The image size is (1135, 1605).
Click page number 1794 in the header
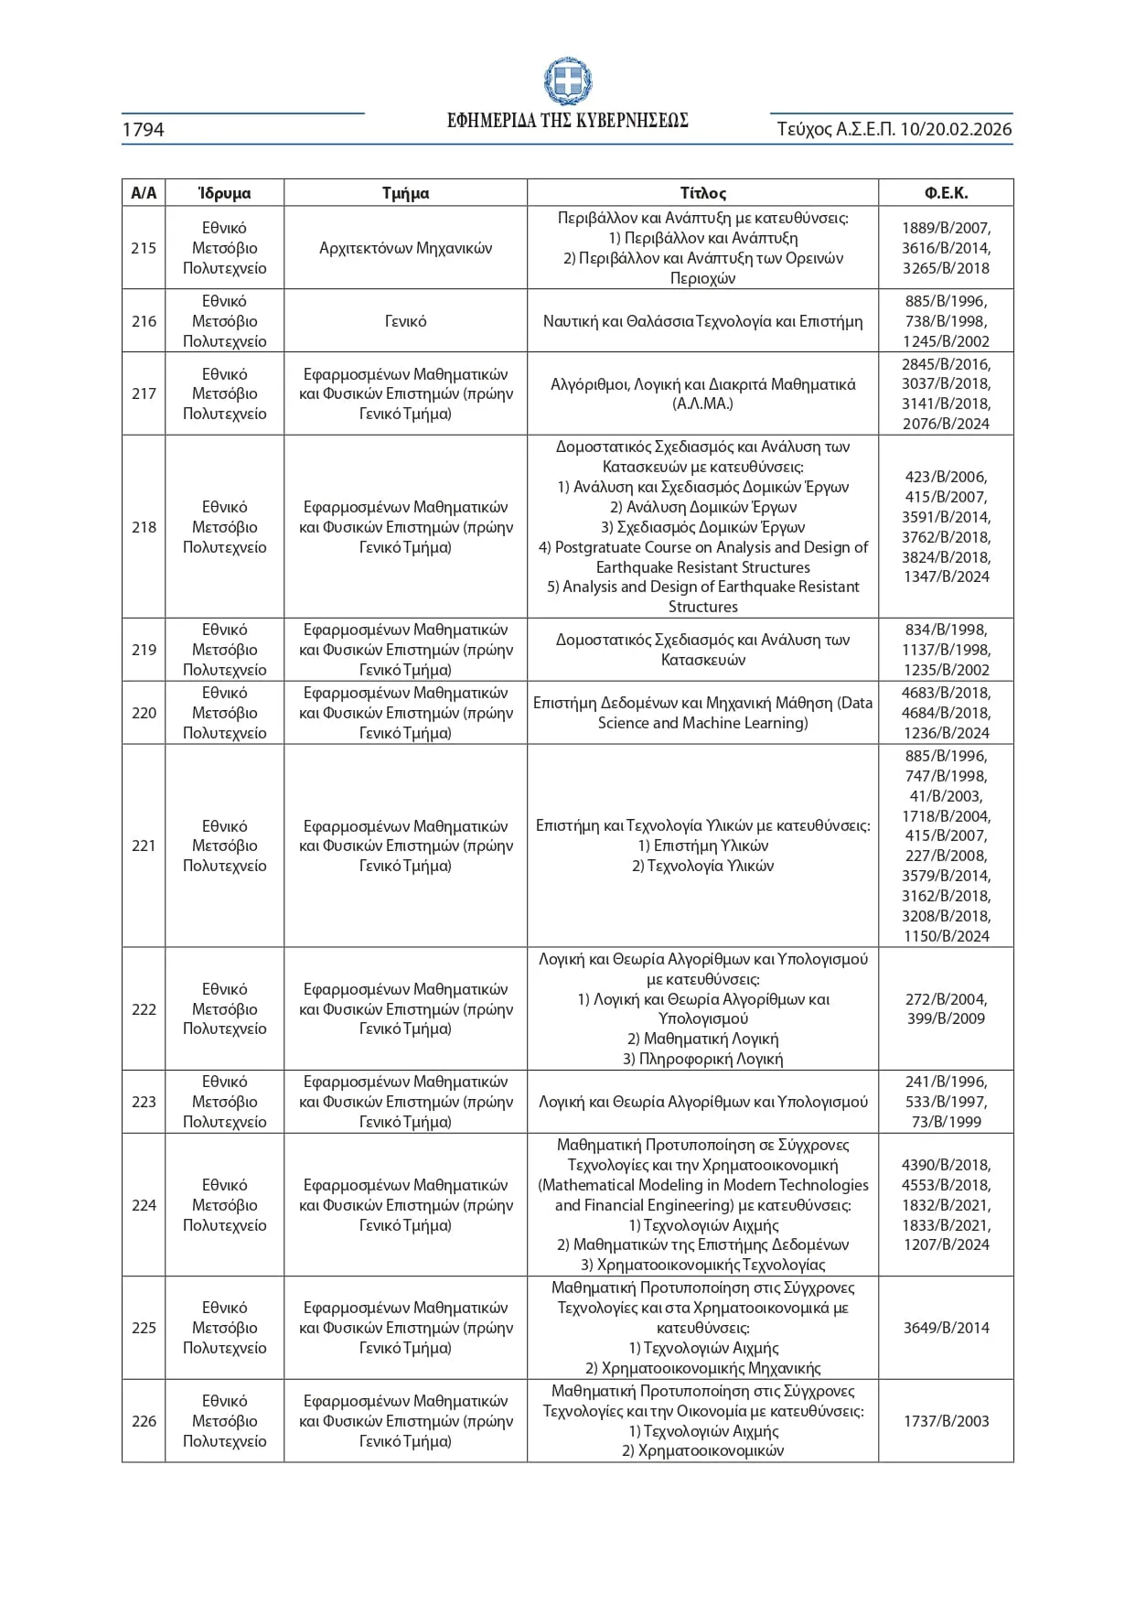144,130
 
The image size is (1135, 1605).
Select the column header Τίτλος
702,193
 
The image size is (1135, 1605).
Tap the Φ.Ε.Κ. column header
946,193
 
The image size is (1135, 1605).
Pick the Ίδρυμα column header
224,193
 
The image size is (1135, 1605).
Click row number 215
144,248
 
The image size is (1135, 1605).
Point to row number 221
144,846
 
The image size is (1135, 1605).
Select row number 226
144,1421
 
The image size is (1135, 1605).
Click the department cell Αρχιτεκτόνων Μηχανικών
405,248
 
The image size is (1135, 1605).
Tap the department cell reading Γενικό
405,321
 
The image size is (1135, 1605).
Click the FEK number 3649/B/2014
946,1328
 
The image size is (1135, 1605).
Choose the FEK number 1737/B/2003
946,1421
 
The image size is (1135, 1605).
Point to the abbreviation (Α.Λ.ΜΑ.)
702,404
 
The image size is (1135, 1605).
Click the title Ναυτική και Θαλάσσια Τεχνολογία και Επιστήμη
702,321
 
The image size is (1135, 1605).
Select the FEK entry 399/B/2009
946,1018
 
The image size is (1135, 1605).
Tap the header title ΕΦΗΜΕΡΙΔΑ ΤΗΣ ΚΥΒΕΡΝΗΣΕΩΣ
567,121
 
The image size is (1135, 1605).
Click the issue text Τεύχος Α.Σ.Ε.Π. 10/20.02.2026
894,130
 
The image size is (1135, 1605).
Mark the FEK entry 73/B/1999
946,1122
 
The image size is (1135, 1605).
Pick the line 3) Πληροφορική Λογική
702,1059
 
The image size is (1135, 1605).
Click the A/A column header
144,193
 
